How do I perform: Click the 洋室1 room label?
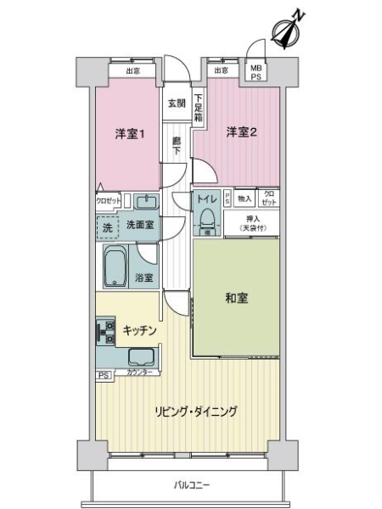(x=130, y=133)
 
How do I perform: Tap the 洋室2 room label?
(x=241, y=131)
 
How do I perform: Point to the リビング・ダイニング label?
(x=195, y=411)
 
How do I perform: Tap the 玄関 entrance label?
(x=177, y=103)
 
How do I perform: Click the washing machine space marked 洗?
(x=107, y=227)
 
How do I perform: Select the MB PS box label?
(x=256, y=73)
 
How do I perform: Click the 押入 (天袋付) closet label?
(x=252, y=223)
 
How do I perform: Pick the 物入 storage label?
(x=244, y=198)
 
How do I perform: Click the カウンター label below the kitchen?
(x=141, y=373)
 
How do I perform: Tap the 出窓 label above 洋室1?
(x=133, y=70)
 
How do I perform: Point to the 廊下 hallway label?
(x=177, y=145)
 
